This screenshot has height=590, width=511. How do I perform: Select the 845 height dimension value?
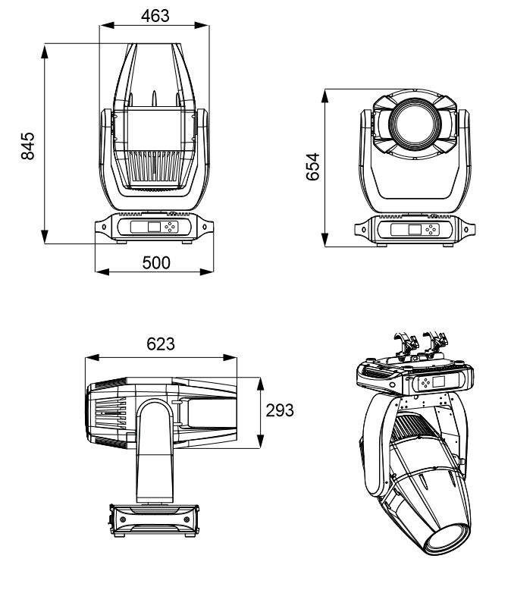tap(28, 144)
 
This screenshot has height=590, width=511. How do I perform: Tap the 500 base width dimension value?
tap(156, 262)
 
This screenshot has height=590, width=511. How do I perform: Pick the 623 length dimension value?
tap(160, 344)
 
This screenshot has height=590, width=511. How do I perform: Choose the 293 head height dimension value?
tap(278, 410)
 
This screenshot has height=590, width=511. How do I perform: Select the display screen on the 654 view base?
tap(413, 230)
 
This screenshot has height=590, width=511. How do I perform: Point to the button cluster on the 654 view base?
tap(432, 230)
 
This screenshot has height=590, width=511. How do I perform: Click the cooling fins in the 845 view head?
tap(154, 162)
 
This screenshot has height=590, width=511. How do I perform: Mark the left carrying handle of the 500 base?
tap(101, 227)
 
